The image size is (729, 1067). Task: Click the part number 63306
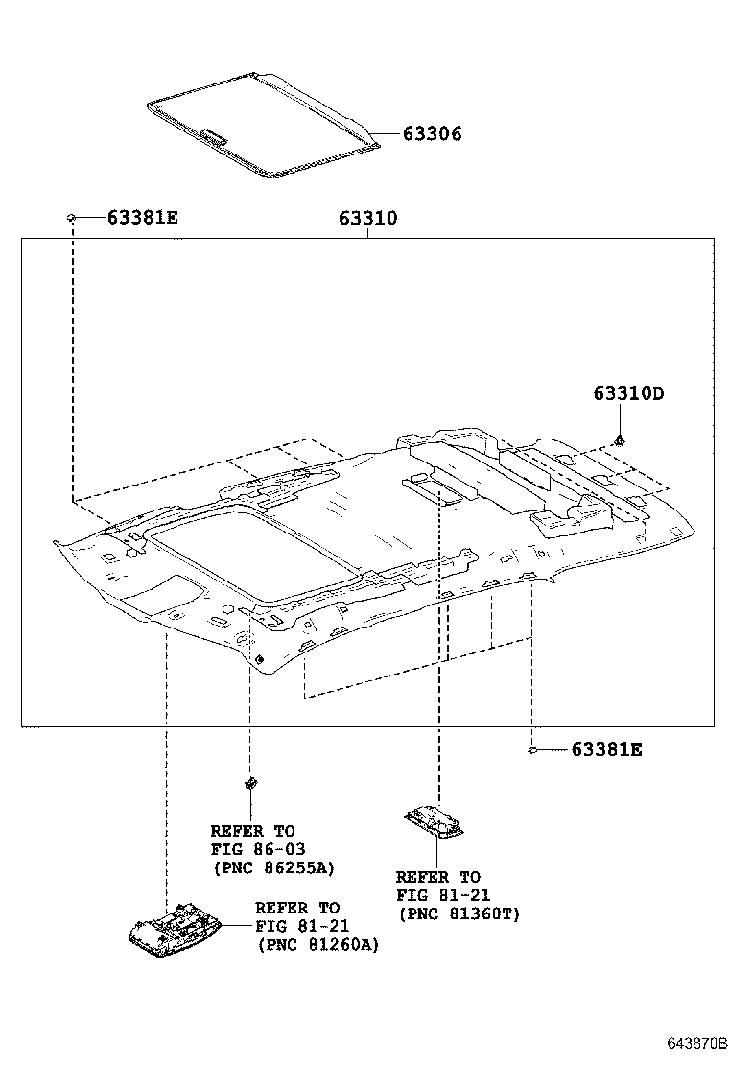[x=432, y=134]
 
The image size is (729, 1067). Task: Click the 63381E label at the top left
[x=142, y=218]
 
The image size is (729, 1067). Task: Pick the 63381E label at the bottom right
[x=606, y=749]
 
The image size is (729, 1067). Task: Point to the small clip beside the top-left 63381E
[x=72, y=218]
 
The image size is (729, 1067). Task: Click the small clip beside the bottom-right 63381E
[x=530, y=749]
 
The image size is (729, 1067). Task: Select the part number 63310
[x=367, y=218]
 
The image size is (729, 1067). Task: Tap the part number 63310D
[x=628, y=393]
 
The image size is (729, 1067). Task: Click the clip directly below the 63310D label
[x=622, y=440]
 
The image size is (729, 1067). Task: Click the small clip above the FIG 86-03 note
[x=250, y=782]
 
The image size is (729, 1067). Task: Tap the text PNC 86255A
[x=272, y=867]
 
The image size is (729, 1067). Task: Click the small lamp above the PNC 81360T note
[x=436, y=820]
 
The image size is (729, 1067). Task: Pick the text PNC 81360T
[x=459, y=913]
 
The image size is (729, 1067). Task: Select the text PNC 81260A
[x=317, y=945]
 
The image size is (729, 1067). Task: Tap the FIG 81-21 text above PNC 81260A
[x=302, y=926]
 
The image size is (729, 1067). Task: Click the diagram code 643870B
[x=698, y=1041]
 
